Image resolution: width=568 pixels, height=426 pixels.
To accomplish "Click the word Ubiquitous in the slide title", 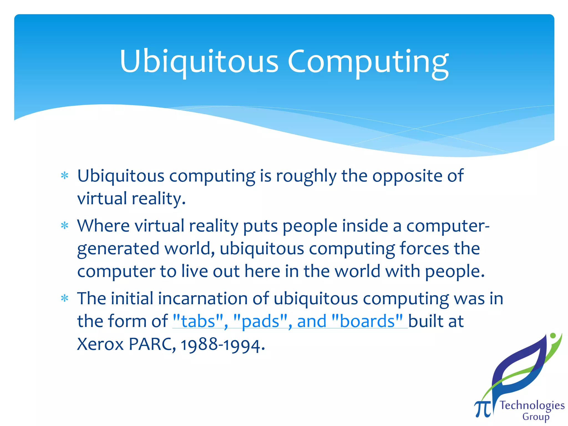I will (199, 62).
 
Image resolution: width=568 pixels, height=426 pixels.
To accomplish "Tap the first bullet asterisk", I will (65, 176).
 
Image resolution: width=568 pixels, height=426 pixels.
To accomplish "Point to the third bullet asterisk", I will (65, 298).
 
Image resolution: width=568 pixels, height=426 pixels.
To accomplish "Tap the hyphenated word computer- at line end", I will (448, 226).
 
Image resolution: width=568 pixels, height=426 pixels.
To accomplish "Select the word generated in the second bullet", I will (118, 249).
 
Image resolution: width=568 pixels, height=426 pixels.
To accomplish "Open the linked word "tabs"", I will (198, 321).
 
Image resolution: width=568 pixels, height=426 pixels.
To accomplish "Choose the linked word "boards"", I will (367, 321).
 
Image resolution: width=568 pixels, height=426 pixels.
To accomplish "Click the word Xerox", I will (100, 344).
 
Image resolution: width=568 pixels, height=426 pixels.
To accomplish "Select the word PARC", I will (151, 344).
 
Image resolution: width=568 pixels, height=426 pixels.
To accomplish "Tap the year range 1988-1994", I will (221, 345).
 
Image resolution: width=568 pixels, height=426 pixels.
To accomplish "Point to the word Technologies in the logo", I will (532, 406).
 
